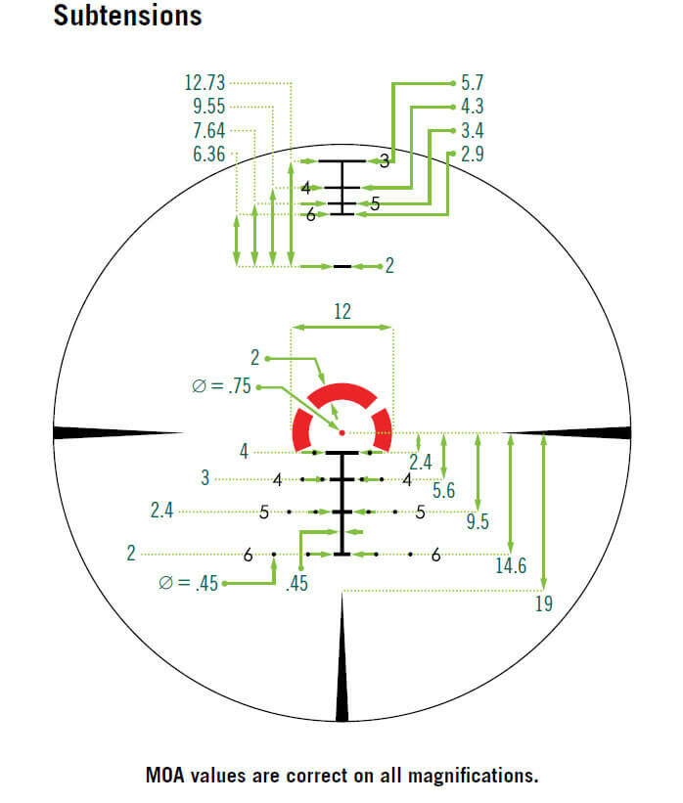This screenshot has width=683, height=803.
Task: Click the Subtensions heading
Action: (128, 17)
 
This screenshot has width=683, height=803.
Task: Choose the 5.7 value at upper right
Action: (473, 83)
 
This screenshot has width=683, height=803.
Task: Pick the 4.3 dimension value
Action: (473, 107)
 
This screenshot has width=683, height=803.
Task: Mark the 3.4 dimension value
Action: (473, 130)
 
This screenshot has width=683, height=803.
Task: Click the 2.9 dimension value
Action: (473, 154)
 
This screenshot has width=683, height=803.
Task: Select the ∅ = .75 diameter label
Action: (222, 387)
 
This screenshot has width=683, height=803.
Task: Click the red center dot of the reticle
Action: (341, 431)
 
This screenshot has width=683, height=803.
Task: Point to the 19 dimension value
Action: (543, 603)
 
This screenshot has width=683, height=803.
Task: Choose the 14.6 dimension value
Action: (512, 565)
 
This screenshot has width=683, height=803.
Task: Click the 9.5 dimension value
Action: (478, 521)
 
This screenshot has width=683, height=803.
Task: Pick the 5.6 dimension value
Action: (443, 491)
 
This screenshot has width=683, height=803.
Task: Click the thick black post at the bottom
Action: (341, 665)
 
